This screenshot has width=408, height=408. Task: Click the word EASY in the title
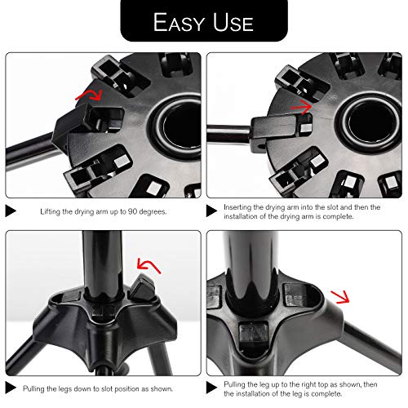point(179,22)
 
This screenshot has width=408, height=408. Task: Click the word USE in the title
point(233,22)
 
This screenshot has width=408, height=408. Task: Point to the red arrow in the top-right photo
point(301,107)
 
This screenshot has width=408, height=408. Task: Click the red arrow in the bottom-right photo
point(340,296)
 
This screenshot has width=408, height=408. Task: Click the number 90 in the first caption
point(132,211)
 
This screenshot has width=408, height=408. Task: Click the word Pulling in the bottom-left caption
point(33,388)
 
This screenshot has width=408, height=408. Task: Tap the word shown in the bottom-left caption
point(161,388)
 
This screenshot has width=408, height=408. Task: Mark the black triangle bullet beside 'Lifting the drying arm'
point(11,211)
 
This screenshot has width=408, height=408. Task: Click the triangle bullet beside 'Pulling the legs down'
point(11,388)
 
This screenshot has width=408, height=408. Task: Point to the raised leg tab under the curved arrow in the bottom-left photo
point(141,287)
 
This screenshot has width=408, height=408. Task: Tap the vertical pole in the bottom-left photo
point(102,264)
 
